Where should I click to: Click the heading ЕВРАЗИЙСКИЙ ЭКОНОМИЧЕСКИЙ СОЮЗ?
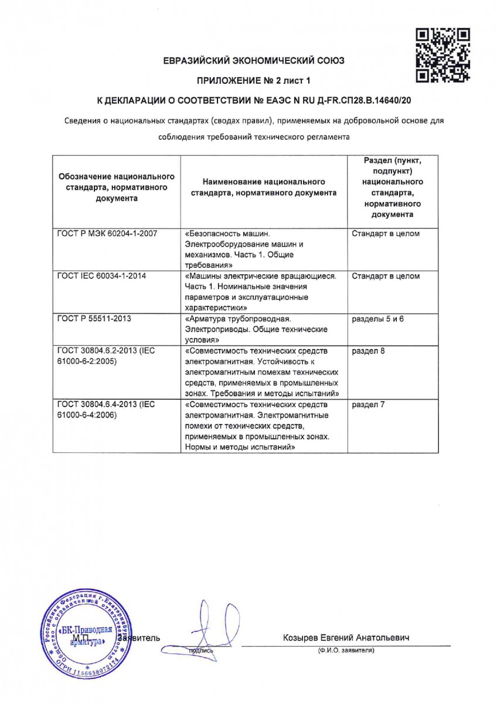[254, 60]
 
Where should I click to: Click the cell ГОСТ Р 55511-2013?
[90, 318]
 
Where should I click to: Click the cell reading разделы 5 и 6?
[378, 318]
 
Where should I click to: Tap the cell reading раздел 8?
[369, 351]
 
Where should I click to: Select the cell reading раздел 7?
[369, 405]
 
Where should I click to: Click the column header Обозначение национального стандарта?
[115, 187]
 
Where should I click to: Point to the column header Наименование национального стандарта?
[263, 187]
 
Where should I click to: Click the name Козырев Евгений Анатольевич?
[346, 637]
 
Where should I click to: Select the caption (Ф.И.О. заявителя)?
[346, 650]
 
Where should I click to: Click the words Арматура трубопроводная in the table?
[238, 318]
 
